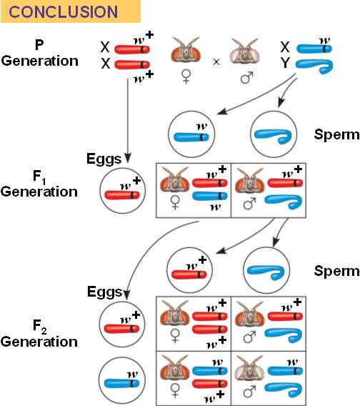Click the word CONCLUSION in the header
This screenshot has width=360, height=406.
tap(63, 12)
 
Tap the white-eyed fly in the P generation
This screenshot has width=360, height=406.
tap(244, 51)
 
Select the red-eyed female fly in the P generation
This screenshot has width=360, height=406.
tap(186, 50)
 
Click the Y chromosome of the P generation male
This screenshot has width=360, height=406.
tap(314, 66)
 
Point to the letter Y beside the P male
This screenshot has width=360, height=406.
tap(285, 63)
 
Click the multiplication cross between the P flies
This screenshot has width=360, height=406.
tap(216, 62)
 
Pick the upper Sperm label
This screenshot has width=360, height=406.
tap(336, 134)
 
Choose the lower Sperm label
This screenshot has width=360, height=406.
tap(336, 271)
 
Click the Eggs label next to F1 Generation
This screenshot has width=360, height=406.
tap(104, 159)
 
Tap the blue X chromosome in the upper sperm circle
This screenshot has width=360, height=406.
tap(191, 137)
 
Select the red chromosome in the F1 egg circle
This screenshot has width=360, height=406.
tap(122, 195)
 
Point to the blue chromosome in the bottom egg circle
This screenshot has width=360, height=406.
tap(121, 383)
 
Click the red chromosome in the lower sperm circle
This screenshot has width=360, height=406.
tap(189, 274)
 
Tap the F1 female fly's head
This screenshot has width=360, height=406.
tap(175, 180)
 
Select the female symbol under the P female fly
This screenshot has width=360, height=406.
tap(186, 77)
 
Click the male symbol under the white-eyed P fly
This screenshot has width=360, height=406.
tap(246, 77)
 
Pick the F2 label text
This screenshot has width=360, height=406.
tap(39, 326)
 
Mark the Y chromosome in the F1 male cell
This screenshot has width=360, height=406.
tap(284, 202)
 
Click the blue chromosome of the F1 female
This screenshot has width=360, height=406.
tap(210, 196)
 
